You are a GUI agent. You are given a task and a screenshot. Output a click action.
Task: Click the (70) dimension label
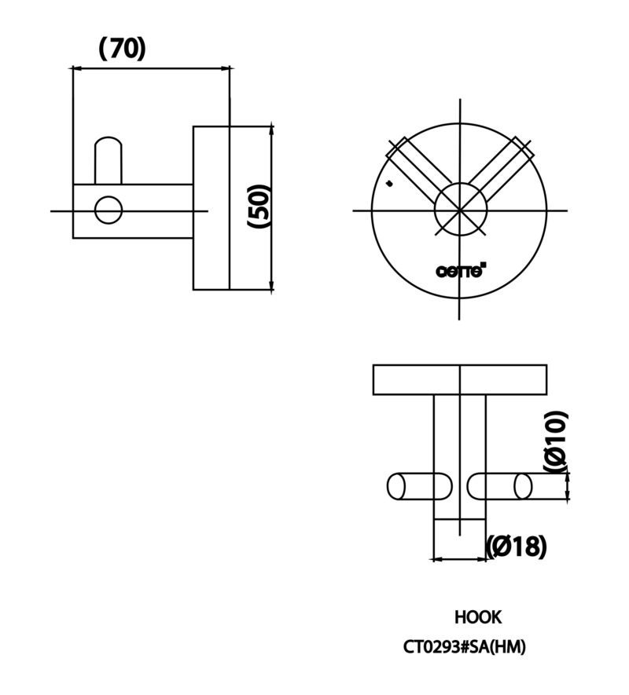click(x=122, y=49)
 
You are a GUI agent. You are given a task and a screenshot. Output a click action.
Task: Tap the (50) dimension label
click(x=259, y=207)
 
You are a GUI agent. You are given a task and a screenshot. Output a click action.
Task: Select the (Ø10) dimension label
click(x=556, y=442)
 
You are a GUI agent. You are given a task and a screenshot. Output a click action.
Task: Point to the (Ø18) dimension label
click(x=517, y=546)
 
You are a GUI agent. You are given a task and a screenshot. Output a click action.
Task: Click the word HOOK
click(x=477, y=617)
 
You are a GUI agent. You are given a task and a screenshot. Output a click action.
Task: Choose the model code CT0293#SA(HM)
click(x=465, y=647)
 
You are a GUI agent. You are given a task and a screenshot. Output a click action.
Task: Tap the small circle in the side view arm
click(x=109, y=210)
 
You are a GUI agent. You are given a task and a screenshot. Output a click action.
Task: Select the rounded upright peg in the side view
click(x=109, y=160)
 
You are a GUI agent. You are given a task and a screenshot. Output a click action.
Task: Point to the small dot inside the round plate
click(x=390, y=183)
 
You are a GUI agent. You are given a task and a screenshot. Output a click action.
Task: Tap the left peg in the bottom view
click(x=420, y=487)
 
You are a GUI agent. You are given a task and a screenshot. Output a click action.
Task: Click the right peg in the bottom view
click(x=500, y=487)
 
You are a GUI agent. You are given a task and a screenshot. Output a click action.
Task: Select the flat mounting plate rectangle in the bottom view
click(x=460, y=380)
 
